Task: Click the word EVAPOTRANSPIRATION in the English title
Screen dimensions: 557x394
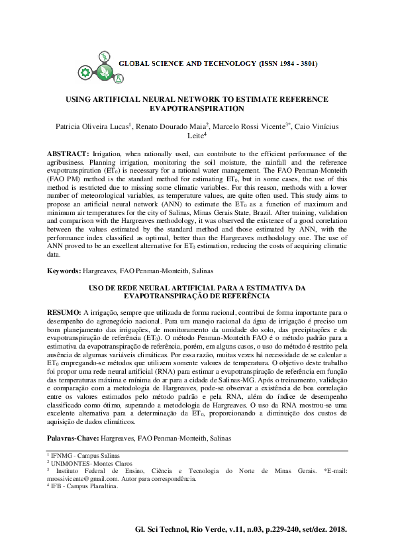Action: pos(197,108)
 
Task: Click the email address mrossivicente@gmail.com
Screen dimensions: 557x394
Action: pos(87,478)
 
